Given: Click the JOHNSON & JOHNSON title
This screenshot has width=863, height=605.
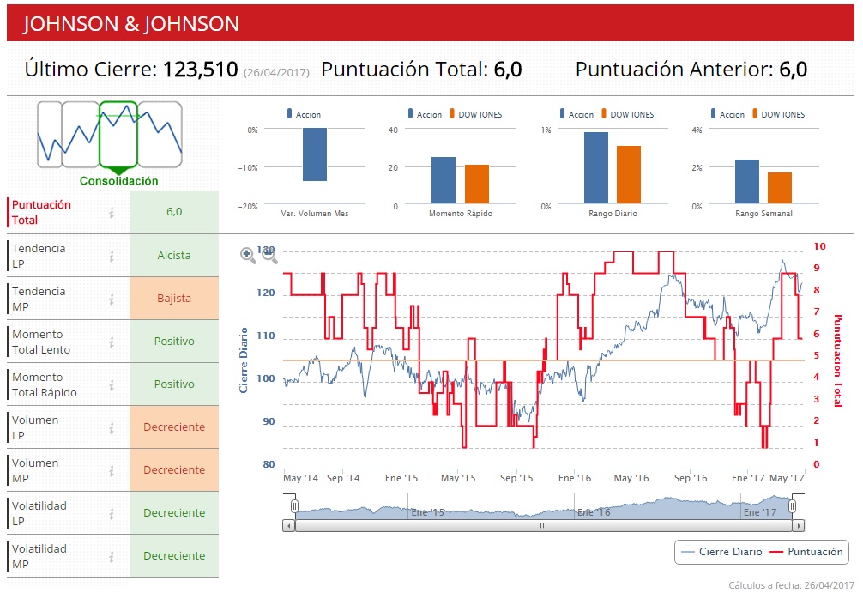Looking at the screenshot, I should (x=131, y=23).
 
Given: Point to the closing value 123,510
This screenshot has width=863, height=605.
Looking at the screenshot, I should (x=200, y=70).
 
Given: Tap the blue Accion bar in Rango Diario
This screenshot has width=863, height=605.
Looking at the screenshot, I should (x=595, y=168).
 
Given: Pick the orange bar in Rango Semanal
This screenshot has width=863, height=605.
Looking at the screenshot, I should (x=780, y=188).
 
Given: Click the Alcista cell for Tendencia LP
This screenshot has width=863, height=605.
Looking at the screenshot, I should (x=174, y=256).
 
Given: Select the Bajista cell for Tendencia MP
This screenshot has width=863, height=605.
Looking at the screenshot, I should (x=174, y=299).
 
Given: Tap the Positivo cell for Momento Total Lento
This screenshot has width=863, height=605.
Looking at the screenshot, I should (x=174, y=342).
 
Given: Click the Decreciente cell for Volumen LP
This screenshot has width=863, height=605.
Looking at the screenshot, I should (x=174, y=427).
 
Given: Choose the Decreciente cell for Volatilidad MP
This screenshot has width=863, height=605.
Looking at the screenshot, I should (x=174, y=556).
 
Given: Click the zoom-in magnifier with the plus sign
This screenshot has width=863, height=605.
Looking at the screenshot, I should (x=248, y=255).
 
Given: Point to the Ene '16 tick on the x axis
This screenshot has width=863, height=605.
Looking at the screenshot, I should (x=575, y=478).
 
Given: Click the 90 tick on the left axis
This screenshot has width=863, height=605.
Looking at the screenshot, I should (x=269, y=421).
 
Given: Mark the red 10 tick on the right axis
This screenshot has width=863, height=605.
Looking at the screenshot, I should (x=819, y=246).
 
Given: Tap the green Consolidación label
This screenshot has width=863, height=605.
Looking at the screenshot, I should (x=119, y=181).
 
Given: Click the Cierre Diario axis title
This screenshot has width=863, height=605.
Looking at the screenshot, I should (x=244, y=360).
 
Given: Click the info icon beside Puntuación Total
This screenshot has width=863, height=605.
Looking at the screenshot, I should (x=112, y=212).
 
